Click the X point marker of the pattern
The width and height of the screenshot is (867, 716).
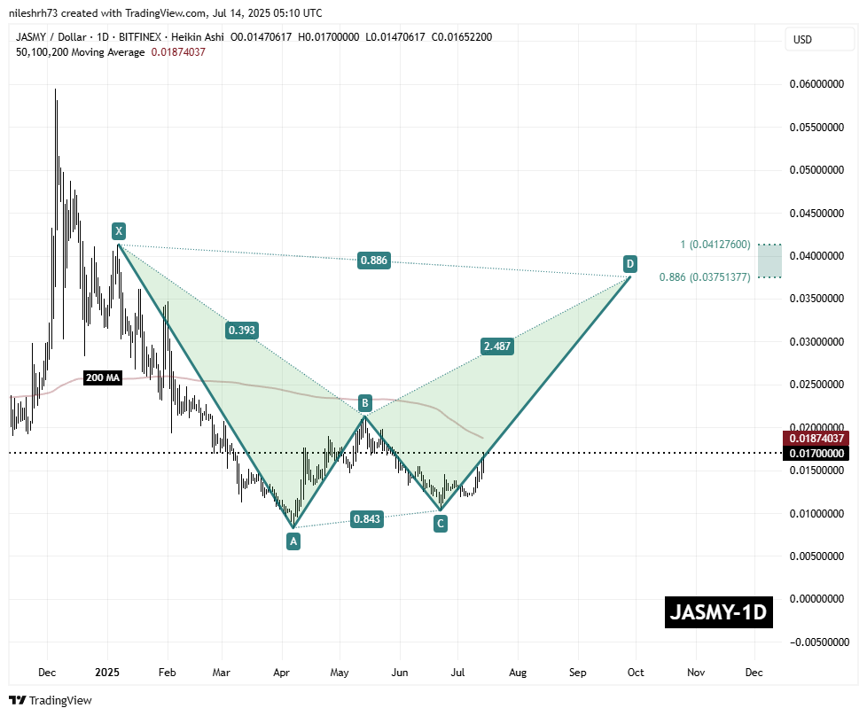coord(118,231)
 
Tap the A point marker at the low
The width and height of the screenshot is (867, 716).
coord(293,540)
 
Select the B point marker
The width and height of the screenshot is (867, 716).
coord(364,403)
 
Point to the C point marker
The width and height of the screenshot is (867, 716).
coord(440,524)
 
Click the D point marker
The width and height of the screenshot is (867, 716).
coord(629,263)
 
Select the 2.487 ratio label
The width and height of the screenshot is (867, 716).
coord(496,346)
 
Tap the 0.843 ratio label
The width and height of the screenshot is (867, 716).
coord(367,520)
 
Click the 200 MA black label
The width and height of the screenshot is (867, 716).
coord(102,378)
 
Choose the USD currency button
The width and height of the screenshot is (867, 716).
coord(802,40)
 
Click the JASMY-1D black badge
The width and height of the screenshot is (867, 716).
coord(718,612)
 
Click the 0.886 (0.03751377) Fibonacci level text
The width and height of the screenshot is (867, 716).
coord(705,277)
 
